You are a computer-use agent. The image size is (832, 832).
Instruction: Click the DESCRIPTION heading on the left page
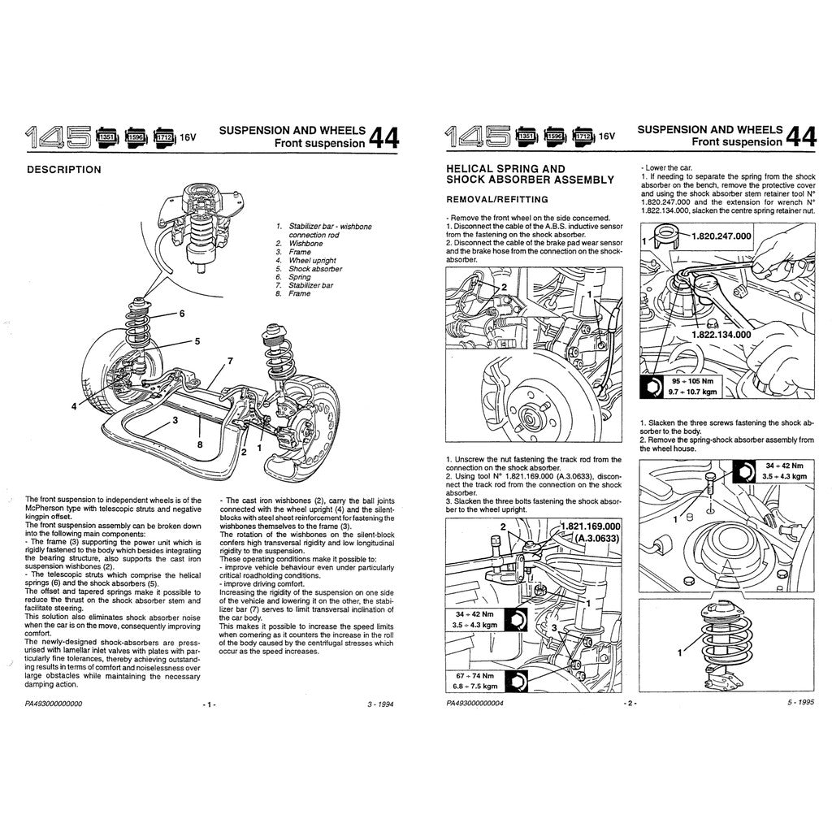64,170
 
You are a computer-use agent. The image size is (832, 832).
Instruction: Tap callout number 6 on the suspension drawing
182,313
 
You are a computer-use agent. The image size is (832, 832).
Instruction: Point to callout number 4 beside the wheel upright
74,405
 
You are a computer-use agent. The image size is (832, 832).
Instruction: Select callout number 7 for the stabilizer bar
230,360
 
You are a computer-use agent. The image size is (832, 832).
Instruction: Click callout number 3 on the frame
174,420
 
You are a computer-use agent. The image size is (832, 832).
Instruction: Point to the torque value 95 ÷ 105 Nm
688,380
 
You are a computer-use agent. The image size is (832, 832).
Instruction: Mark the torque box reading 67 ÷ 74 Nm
472,675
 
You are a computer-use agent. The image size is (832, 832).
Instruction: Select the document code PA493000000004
474,704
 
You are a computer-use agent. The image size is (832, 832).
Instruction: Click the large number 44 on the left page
384,137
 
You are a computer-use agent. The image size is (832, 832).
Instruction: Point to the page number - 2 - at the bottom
628,704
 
